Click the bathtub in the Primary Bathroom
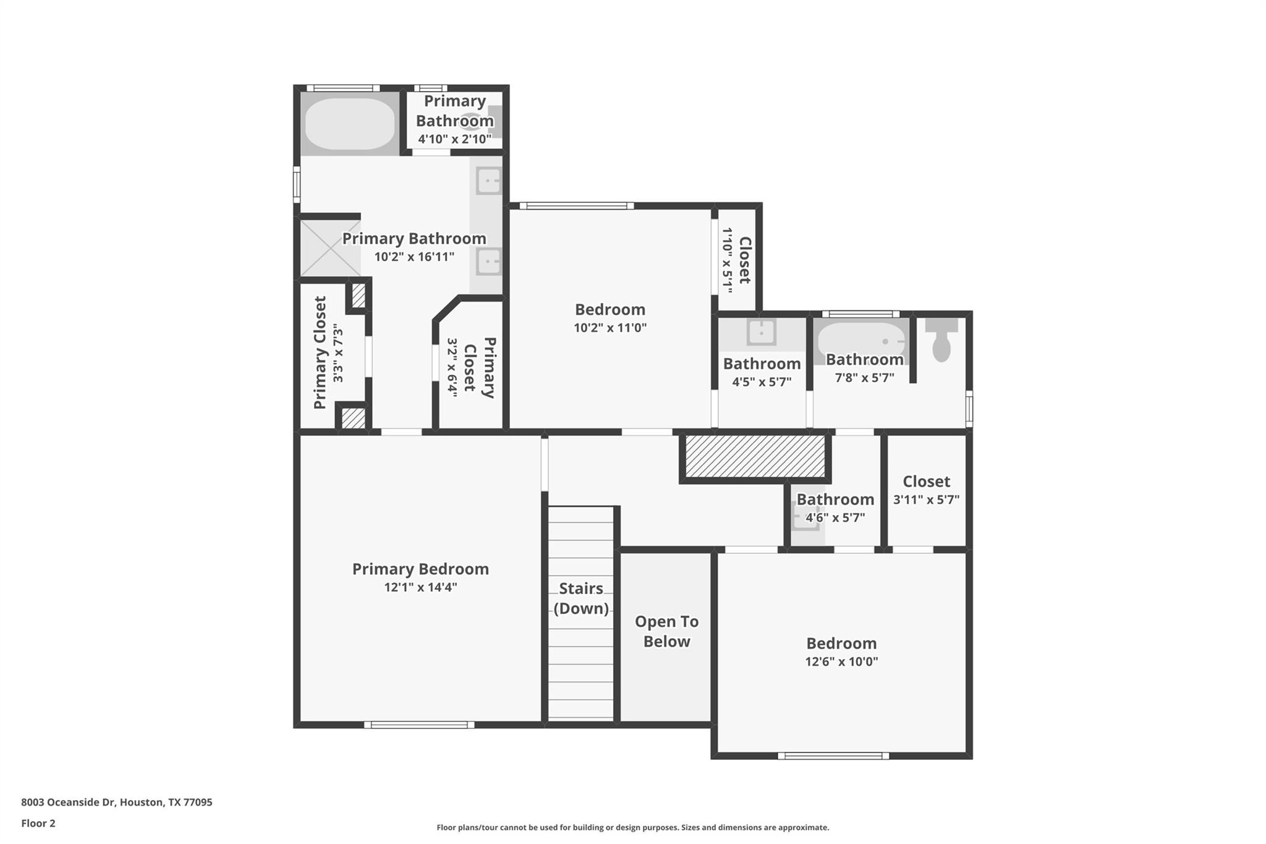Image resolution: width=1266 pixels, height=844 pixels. [x=350, y=124]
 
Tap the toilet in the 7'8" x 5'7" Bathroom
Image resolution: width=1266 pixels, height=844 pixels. [x=941, y=343]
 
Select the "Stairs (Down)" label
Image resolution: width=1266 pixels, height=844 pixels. [x=581, y=598]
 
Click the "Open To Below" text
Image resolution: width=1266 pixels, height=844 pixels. [x=666, y=631]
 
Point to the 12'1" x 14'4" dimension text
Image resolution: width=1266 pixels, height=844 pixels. [x=420, y=587]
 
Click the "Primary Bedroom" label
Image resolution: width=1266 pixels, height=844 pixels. [x=420, y=569]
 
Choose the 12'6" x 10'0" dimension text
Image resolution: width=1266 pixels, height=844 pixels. [x=841, y=661]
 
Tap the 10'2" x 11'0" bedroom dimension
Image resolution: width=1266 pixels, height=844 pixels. [x=610, y=327]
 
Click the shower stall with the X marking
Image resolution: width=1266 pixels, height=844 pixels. [x=330, y=248]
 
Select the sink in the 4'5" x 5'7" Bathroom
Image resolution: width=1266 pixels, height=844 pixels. [x=762, y=333]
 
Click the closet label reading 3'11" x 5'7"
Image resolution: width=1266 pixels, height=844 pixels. [x=926, y=499]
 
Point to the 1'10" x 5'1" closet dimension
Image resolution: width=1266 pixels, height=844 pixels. [x=728, y=260]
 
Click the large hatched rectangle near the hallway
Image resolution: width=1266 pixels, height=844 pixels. [x=755, y=456]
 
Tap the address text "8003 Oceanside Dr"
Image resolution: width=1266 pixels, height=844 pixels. [x=68, y=802]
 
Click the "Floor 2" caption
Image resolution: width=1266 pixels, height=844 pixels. [x=38, y=823]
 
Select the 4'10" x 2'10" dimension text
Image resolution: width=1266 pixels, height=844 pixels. [x=455, y=139]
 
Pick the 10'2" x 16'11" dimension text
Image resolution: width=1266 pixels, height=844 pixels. [x=414, y=256]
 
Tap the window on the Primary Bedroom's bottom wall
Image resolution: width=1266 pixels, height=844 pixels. [x=419, y=725]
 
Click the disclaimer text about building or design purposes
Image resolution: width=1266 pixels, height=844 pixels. [x=632, y=827]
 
